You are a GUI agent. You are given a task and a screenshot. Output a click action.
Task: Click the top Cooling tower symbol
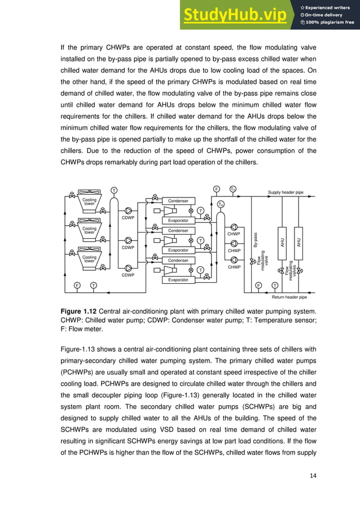click(x=90, y=202)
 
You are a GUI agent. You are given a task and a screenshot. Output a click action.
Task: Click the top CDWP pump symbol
click(x=129, y=210)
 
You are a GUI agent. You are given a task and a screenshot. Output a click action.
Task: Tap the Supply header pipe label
click(x=286, y=192)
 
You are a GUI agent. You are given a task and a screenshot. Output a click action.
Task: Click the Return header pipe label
click(x=289, y=296)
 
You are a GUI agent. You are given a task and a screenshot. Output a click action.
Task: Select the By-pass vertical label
click(x=256, y=240)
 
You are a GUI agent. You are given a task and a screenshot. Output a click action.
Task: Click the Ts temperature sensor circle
click(x=233, y=189)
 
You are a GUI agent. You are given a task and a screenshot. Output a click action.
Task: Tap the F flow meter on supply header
click(x=216, y=189)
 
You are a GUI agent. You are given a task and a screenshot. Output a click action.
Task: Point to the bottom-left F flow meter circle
click(x=77, y=286)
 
